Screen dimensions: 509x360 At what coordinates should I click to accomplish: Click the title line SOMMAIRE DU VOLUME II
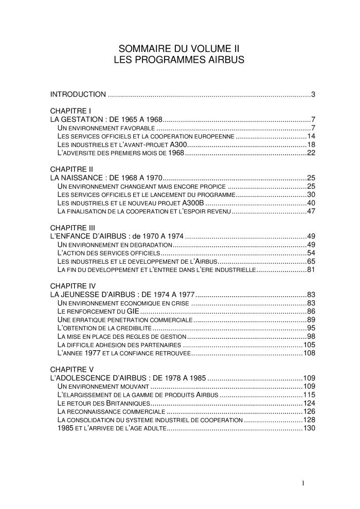coord(179,49)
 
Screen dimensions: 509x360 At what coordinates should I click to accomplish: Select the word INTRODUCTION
coord(78,95)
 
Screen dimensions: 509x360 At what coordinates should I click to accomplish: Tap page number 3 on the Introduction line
coord(313,95)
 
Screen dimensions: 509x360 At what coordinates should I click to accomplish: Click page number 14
coord(311,136)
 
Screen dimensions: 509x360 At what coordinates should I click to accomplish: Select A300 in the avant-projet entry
coord(178,144)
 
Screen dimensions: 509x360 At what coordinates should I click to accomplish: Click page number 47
coord(311,211)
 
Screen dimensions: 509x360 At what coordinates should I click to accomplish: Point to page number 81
coord(311,270)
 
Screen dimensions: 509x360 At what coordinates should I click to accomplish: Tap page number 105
coord(309,344)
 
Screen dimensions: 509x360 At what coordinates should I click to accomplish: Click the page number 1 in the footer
coord(303,483)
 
